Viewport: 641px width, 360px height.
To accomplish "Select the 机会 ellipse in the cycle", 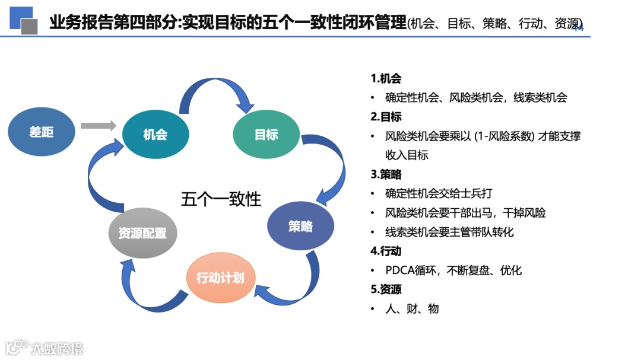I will [155, 135].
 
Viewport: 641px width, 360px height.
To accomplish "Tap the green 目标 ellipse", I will [266, 135].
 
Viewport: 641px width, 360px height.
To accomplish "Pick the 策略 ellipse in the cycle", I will [300, 227].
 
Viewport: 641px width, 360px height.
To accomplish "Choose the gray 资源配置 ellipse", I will [142, 233].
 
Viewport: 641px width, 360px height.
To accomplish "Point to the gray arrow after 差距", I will [98, 125].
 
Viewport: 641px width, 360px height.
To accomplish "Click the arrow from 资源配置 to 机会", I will [101, 178].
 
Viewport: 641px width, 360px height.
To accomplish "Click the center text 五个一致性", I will [221, 199].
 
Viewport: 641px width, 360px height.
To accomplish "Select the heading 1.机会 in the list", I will [386, 78].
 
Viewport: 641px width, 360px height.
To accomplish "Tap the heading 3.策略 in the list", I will [386, 174].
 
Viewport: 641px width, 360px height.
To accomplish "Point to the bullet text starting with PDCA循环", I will [453, 270].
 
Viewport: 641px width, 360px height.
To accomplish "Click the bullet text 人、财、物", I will [412, 308].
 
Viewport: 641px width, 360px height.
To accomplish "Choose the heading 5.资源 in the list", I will [386, 289].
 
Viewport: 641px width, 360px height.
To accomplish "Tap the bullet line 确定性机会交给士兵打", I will [439, 193].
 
